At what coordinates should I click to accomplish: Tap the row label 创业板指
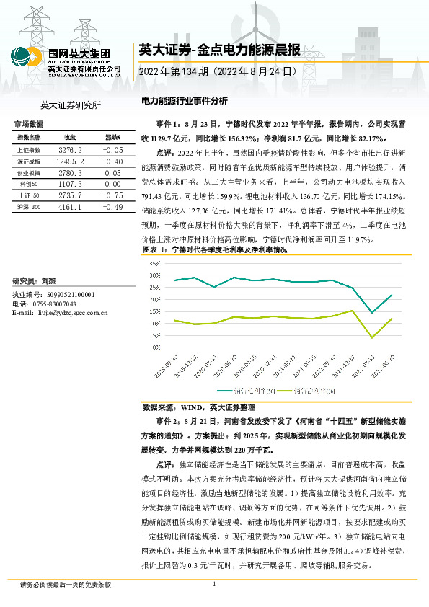[x=30, y=174]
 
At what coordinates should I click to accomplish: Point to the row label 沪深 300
[x=30, y=207]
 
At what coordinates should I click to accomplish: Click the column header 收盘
[x=70, y=137]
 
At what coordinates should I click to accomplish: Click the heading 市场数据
[x=29, y=125]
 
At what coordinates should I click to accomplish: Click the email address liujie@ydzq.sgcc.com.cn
[x=61, y=313]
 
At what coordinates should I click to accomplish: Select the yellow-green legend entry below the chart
[x=314, y=390]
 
